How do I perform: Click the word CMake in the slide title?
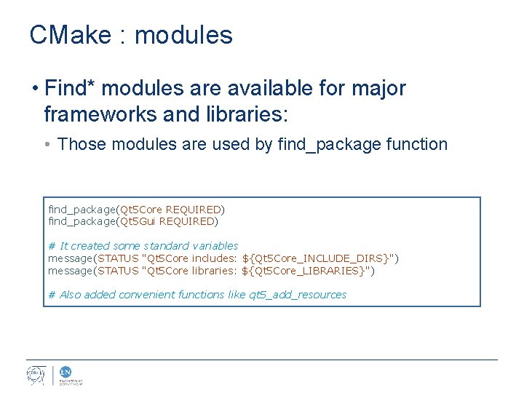[70, 35]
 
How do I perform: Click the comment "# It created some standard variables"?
[143, 246]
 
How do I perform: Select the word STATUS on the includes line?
[120, 258]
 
